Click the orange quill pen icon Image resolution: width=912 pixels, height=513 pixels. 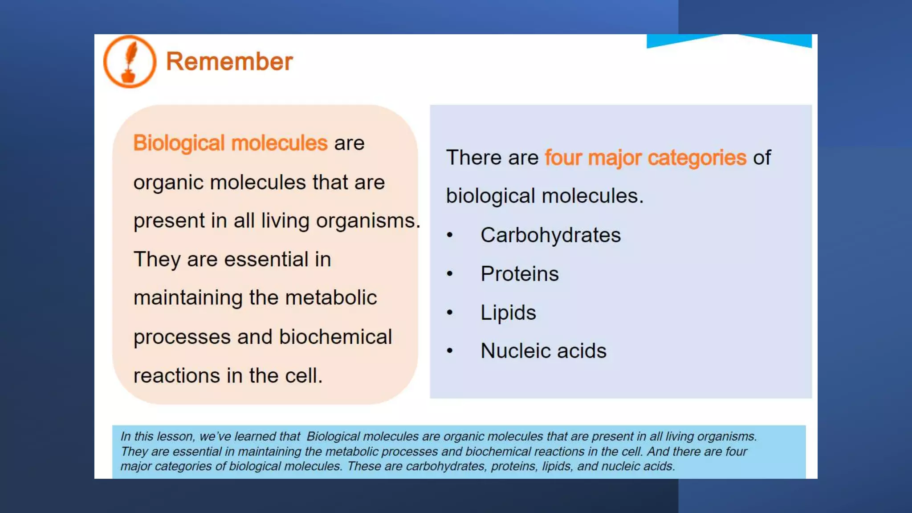pyautogui.click(x=130, y=61)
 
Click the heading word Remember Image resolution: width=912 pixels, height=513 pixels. pyautogui.click(x=229, y=61)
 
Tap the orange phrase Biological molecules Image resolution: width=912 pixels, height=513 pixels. pyautogui.click(x=230, y=143)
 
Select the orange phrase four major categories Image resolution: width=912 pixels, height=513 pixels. pyautogui.click(x=645, y=158)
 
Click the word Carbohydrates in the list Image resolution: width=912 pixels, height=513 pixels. pyautogui.click(x=550, y=235)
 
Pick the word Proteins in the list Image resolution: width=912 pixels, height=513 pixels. pyautogui.click(x=519, y=274)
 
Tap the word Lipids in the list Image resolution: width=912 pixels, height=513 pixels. pyautogui.click(x=508, y=313)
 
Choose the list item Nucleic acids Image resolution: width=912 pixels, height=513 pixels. pyautogui.click(x=543, y=351)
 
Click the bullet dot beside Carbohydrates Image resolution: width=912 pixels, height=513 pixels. pyautogui.click(x=450, y=235)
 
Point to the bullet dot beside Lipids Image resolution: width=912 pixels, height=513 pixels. pyautogui.click(x=450, y=313)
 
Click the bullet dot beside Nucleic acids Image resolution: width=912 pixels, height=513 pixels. pyautogui.click(x=450, y=351)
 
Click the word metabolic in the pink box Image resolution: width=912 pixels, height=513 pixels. pyautogui.click(x=331, y=298)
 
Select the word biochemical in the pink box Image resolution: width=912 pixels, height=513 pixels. pyautogui.click(x=335, y=337)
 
